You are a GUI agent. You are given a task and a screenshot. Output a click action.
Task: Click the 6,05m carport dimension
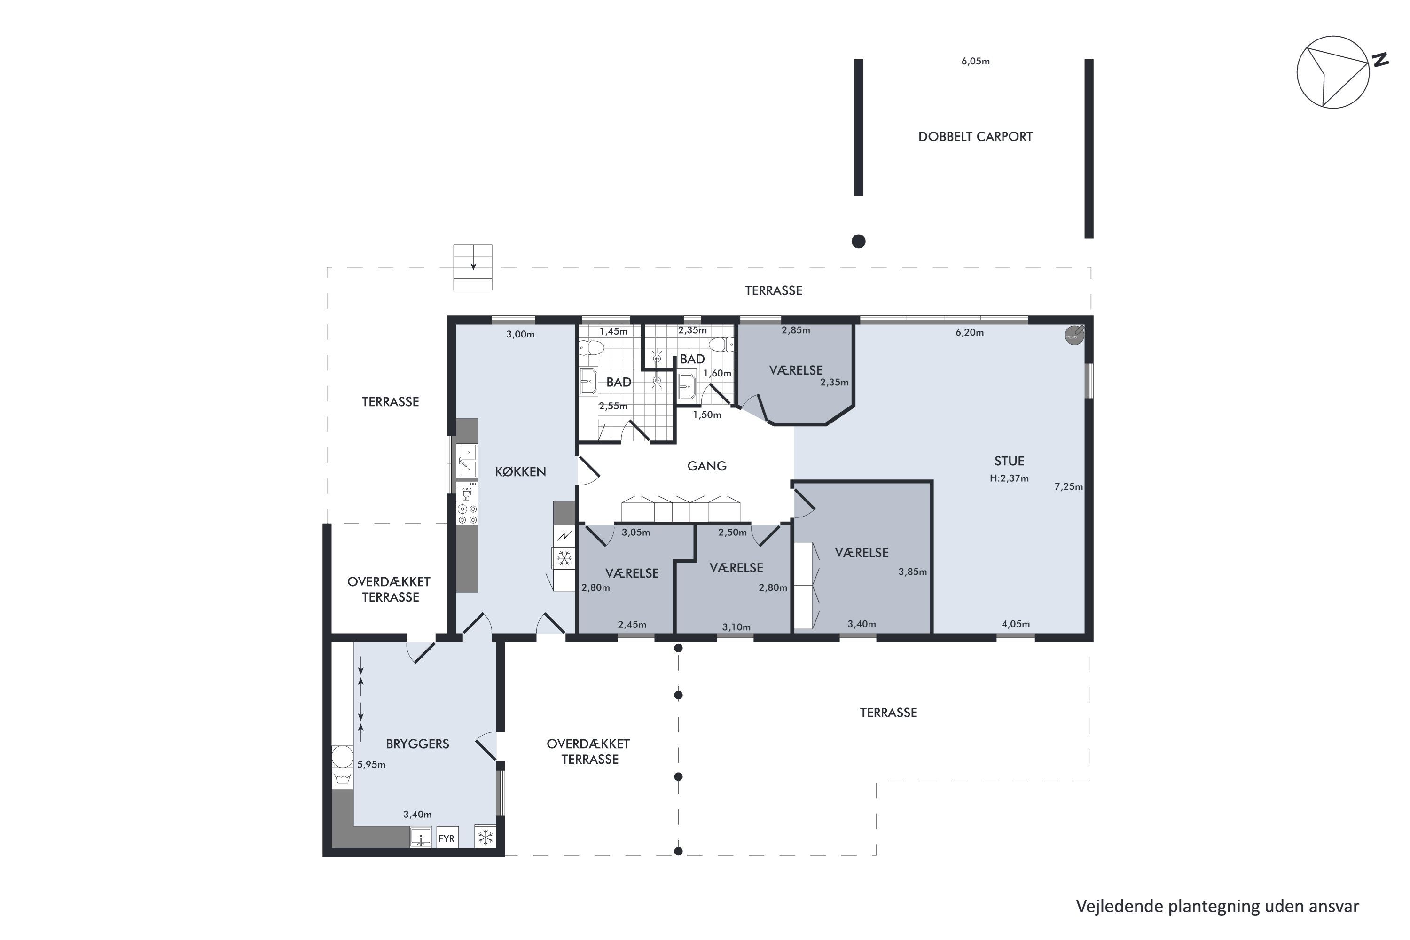pyautogui.click(x=975, y=61)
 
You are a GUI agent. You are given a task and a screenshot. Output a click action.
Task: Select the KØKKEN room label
pyautogui.click(x=520, y=472)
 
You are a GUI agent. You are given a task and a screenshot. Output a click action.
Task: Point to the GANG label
pyautogui.click(x=706, y=466)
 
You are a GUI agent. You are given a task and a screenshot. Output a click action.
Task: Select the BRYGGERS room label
pyautogui.click(x=417, y=744)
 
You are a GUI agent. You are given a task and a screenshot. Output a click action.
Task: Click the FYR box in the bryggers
pyautogui.click(x=446, y=838)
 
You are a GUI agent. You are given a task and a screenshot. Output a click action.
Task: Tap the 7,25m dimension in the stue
pyautogui.click(x=1068, y=487)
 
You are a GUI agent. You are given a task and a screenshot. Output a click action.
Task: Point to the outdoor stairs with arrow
pyautogui.click(x=472, y=267)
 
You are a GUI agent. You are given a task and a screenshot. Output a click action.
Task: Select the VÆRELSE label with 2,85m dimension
pyautogui.click(x=796, y=370)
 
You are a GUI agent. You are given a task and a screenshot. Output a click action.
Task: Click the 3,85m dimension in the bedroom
pyautogui.click(x=912, y=572)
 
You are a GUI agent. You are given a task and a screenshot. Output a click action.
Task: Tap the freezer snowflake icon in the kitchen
pyautogui.click(x=564, y=559)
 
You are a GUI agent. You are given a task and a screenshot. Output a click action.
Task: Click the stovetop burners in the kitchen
pyautogui.click(x=467, y=514)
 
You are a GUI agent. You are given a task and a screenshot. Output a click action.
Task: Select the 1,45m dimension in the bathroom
pyautogui.click(x=613, y=331)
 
